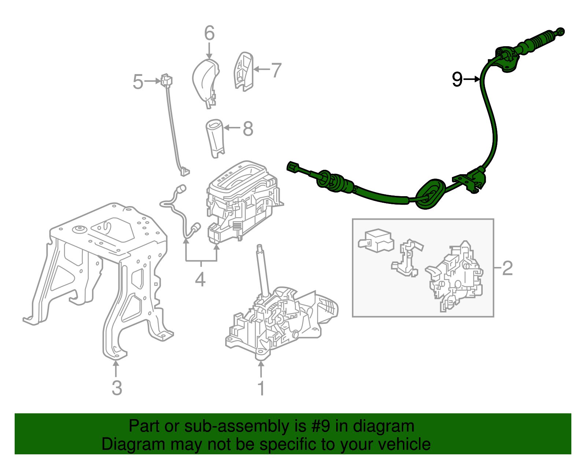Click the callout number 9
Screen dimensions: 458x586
click(457, 79)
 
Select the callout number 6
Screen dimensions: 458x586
click(209, 33)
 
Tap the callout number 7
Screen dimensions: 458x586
click(276, 70)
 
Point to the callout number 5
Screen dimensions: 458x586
click(138, 81)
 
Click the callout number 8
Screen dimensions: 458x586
click(248, 129)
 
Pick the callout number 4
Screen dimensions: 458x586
click(200, 279)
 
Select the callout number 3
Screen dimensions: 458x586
click(116, 388)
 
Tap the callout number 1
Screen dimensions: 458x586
click(261, 388)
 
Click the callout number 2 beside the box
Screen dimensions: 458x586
click(507, 268)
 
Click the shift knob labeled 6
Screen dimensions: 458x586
click(205, 81)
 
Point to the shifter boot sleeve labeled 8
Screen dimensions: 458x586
click(215, 138)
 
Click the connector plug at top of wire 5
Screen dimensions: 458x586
click(167, 80)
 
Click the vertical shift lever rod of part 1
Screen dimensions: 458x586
click(263, 271)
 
